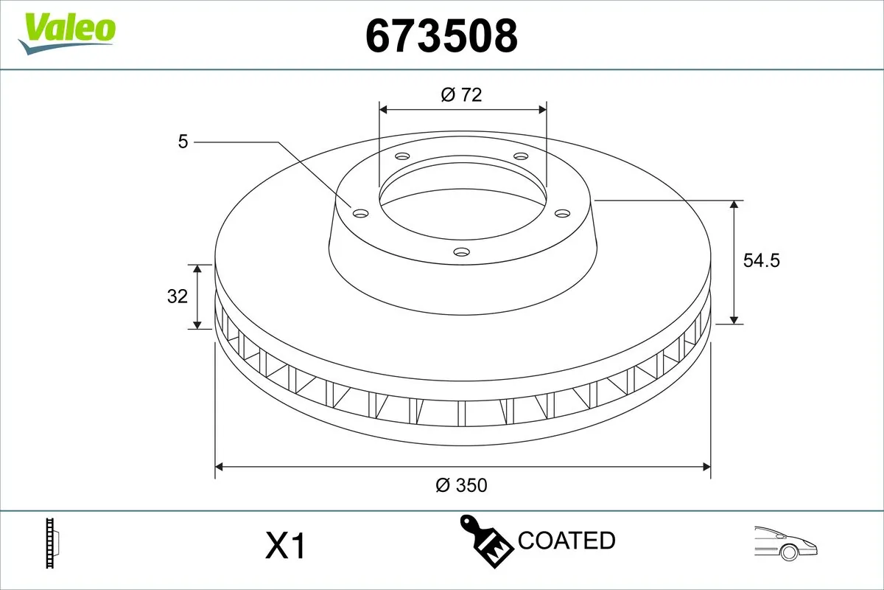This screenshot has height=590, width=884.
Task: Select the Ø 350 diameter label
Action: [x=462, y=485]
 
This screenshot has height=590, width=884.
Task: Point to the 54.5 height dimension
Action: [x=761, y=260]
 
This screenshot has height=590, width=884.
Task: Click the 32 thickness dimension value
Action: [x=178, y=296]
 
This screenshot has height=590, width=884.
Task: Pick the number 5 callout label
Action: [x=183, y=141]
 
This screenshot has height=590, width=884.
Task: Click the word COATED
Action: [x=566, y=541]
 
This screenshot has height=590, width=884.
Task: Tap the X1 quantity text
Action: [x=284, y=546]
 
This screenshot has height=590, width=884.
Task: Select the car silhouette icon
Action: [x=785, y=542]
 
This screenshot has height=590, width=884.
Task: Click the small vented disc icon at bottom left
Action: [x=52, y=544]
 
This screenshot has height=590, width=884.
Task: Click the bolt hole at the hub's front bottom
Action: [x=461, y=252]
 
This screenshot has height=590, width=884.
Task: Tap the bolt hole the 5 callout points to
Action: [x=360, y=213]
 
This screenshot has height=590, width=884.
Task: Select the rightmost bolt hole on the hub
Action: [x=563, y=213]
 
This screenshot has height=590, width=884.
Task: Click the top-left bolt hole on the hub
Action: [x=401, y=156]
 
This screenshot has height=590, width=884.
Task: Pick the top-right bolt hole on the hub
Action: [x=521, y=156]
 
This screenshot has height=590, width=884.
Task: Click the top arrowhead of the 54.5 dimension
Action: [x=734, y=205]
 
